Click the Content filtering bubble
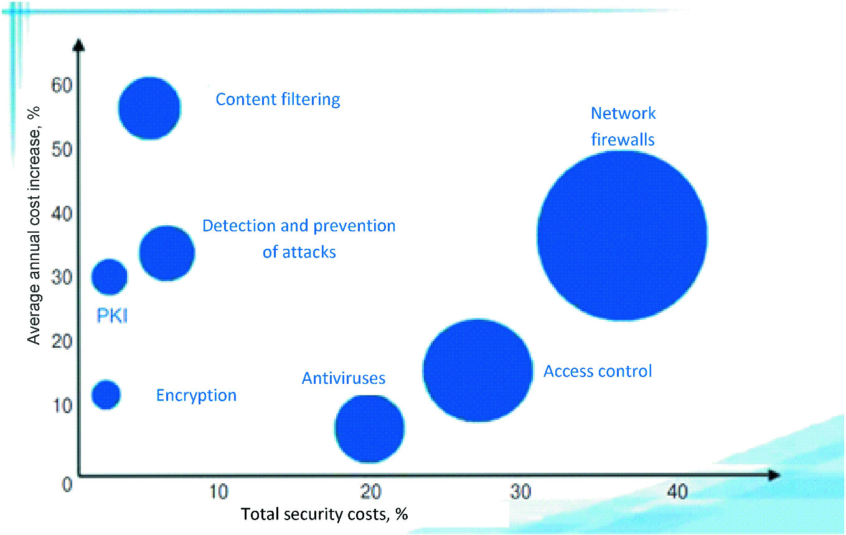[x=149, y=108]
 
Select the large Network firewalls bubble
[x=622, y=236]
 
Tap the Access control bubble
[x=477, y=371]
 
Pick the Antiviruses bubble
[x=370, y=429]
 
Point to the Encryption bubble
[x=106, y=394]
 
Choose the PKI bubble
[x=109, y=277]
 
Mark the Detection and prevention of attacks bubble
[x=167, y=253]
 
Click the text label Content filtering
[x=278, y=100]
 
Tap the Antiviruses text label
[x=343, y=378]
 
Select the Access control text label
[x=598, y=371]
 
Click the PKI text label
[x=112, y=315]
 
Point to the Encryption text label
[x=196, y=396]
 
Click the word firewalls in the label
[x=623, y=139]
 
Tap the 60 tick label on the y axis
[x=61, y=85]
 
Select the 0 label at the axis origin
[x=67, y=484]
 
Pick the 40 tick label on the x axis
[x=677, y=491]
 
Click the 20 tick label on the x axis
[x=370, y=491]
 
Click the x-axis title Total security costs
[x=324, y=514]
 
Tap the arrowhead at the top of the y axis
[x=78, y=45]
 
